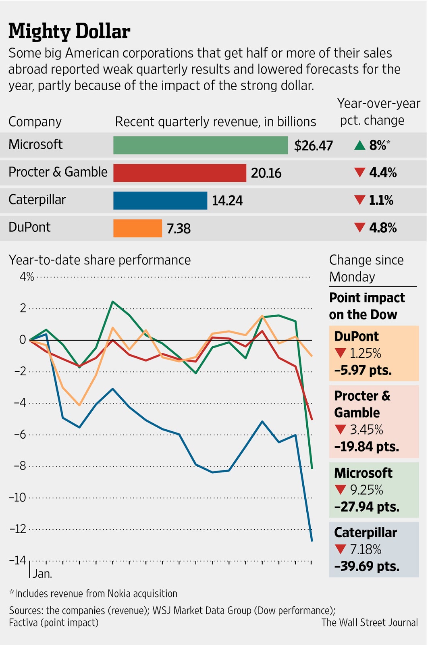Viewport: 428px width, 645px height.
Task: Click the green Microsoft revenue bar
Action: pos(200,145)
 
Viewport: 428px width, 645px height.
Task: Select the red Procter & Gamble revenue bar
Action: pos(179,173)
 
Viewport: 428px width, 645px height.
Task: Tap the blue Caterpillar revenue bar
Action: pos(160,200)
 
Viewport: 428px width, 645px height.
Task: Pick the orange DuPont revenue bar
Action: pos(137,228)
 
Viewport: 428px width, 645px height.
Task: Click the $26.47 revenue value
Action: pos(313,146)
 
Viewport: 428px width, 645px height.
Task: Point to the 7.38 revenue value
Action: pos(179,229)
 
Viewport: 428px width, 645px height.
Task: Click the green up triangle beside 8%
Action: pos(359,145)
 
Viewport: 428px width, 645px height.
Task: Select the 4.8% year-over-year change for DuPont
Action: pos(382,228)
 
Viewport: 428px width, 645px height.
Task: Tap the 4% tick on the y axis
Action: pos(27,277)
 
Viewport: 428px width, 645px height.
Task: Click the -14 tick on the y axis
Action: pos(17,560)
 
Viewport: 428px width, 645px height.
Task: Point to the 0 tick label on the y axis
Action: pos(23,340)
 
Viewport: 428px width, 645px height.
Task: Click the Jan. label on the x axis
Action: pos(42,574)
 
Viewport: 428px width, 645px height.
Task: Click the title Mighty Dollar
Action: pos(69,31)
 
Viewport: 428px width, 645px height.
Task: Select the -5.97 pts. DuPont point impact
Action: pos(363,370)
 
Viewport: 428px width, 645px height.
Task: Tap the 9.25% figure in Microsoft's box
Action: pos(366,490)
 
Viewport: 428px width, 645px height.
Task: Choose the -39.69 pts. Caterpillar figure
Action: pos(367,566)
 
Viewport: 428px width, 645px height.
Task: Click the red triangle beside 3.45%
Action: pos(341,430)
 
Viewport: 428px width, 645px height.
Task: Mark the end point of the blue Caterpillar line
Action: pos(312,541)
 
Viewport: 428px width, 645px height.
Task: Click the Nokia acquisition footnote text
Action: pos(93,593)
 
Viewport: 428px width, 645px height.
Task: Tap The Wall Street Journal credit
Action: pos(370,622)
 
